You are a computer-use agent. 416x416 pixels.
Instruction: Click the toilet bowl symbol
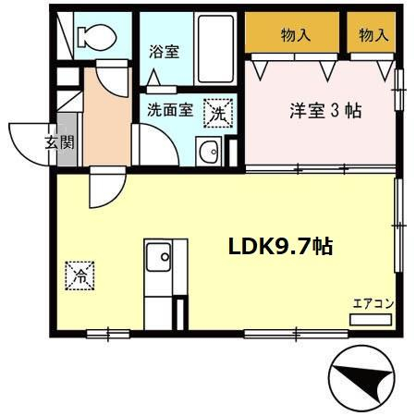click(97, 37)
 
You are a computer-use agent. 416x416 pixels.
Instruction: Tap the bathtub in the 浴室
click(215, 49)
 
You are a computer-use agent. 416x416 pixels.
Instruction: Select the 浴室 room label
click(165, 52)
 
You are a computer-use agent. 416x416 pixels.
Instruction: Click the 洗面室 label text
click(170, 110)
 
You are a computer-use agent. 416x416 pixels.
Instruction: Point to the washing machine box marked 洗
click(218, 113)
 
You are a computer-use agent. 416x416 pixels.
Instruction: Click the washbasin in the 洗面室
click(209, 152)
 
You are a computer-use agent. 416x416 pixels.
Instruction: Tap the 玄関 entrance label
click(60, 142)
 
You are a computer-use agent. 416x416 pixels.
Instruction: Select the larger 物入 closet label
click(296, 35)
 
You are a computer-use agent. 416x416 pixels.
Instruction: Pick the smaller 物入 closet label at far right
click(373, 35)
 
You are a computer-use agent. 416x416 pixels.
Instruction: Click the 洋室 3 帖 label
click(325, 111)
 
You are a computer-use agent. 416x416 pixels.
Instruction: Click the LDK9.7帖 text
click(280, 247)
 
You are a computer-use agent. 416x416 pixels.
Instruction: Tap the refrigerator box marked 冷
click(80, 275)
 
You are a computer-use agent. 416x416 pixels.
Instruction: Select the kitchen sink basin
click(158, 257)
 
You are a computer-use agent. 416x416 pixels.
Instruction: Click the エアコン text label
click(373, 304)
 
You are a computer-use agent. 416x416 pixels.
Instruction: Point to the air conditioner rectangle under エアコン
click(371, 320)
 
